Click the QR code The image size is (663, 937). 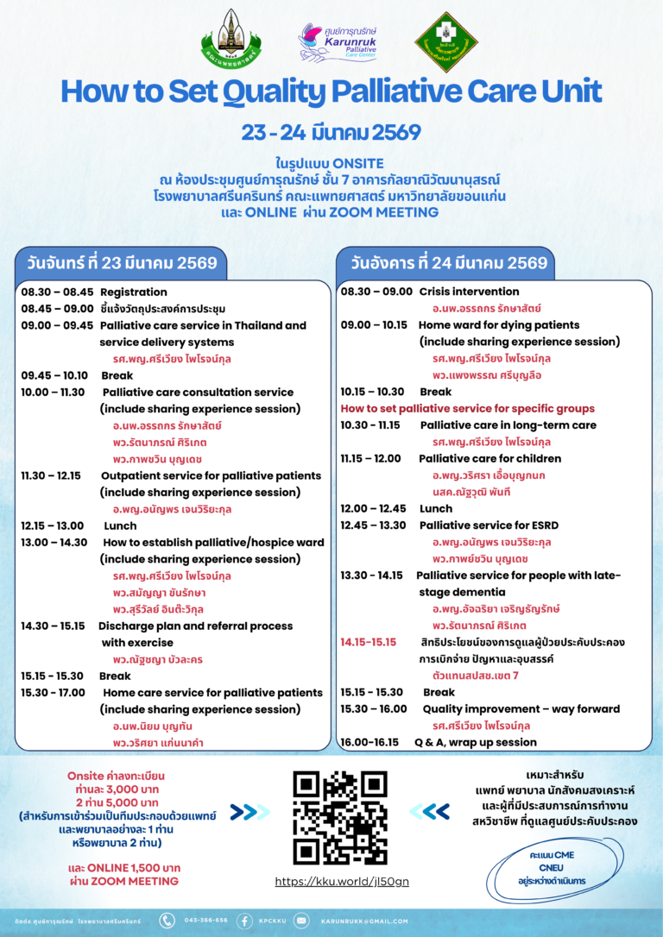tap(339, 818)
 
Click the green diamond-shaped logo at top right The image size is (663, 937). tap(446, 42)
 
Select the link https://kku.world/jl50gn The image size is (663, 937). tap(342, 882)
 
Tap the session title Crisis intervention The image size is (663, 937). tap(469, 292)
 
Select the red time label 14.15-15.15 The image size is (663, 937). tap(368, 642)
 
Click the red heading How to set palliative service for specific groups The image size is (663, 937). tap(467, 408)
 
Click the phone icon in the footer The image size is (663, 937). tap(167, 921)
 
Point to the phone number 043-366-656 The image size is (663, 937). tap(205, 921)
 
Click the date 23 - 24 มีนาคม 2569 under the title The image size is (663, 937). tap(331, 133)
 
